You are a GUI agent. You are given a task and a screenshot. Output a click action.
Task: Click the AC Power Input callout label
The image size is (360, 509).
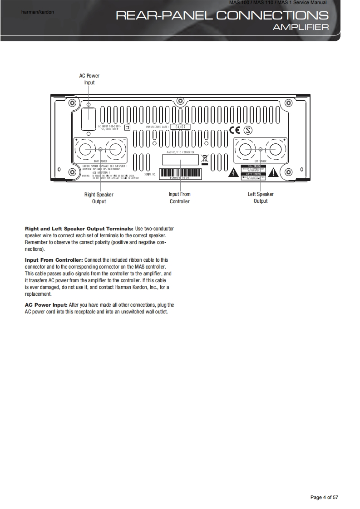[89, 79]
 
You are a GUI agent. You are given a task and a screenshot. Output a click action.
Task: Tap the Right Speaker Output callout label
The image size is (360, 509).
[99, 198]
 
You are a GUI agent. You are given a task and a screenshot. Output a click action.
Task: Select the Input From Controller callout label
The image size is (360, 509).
[180, 198]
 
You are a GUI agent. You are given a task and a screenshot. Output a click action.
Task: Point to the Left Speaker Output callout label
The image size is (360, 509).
[261, 197]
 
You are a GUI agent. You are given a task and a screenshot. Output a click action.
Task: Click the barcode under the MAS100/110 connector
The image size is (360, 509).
[180, 174]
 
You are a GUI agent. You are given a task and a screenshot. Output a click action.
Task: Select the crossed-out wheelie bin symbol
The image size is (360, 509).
[204, 159]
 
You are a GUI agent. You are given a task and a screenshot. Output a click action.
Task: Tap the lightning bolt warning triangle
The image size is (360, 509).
[233, 172]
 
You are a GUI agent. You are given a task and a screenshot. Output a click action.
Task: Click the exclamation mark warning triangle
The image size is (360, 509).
[274, 172]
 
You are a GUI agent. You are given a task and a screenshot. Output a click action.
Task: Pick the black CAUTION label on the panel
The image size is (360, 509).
[253, 167]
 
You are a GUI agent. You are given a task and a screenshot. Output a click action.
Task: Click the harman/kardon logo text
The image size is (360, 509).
[38, 12]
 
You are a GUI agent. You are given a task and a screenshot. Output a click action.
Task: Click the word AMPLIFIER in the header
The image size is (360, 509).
[301, 28]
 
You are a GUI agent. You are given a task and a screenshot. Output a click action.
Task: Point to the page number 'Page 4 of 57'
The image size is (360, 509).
[324, 498]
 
